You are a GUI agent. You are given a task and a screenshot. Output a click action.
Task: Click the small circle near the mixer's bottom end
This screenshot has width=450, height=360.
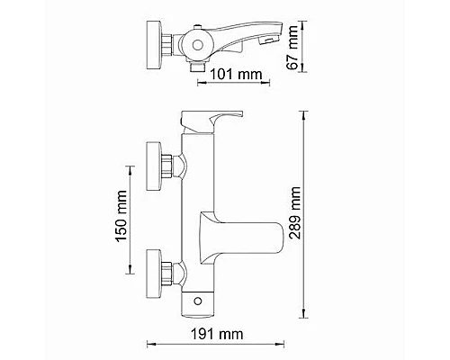pyautogui.click(x=200, y=298)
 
